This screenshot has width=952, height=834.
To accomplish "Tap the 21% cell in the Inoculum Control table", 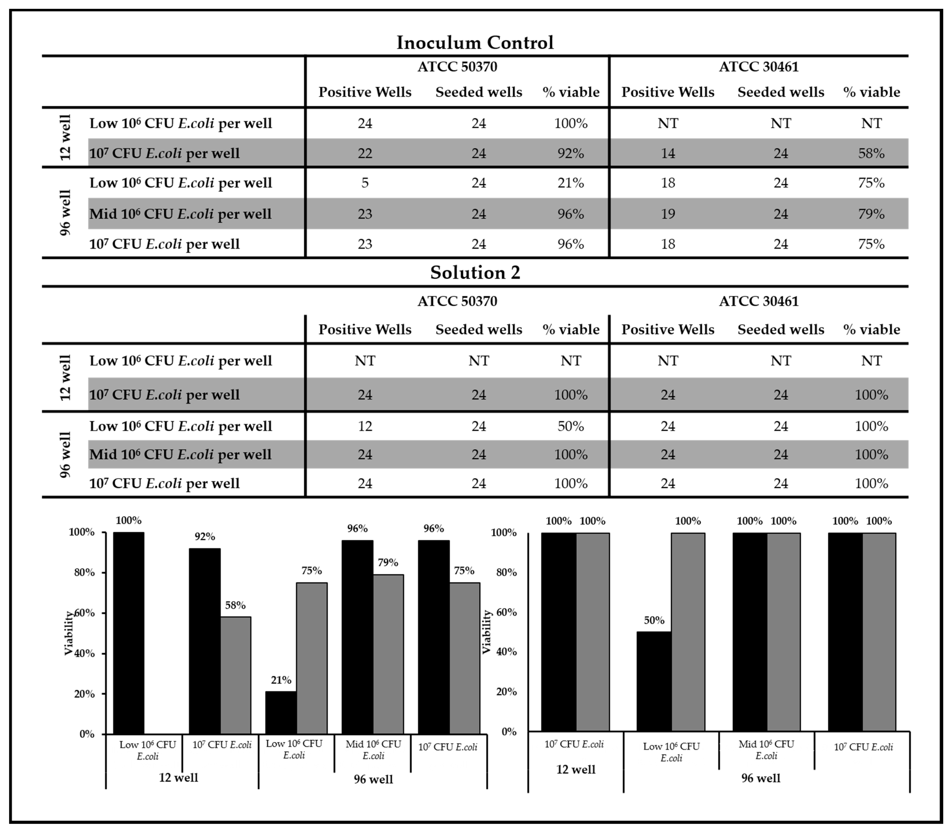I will [x=571, y=183].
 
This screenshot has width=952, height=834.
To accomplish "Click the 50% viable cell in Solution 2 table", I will [x=571, y=426].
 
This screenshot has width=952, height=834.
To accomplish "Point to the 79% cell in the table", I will [x=871, y=214].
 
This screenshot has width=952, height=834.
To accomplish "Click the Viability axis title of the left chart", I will [x=69, y=633].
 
